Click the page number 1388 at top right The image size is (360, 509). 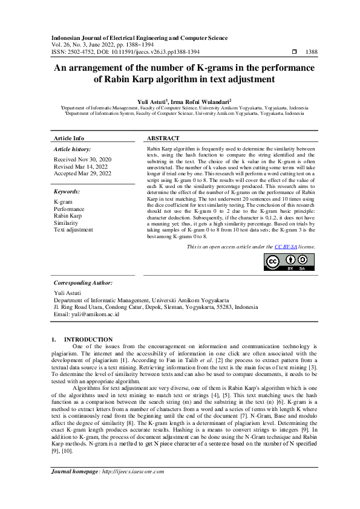point(312,53)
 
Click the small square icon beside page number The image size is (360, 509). point(294,53)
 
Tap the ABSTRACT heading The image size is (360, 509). point(163,138)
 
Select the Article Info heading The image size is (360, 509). point(69,138)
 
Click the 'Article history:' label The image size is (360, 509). point(72,149)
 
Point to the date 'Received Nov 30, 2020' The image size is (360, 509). point(82,159)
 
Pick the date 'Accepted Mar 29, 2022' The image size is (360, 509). point(83,173)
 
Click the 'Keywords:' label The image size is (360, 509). point(67,191)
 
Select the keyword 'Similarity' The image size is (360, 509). point(67,222)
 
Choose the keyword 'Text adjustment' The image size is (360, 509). point(74,230)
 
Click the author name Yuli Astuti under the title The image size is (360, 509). point(152,101)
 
